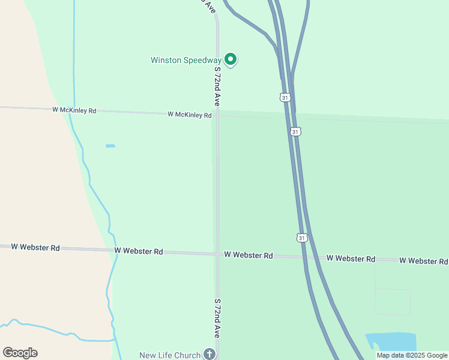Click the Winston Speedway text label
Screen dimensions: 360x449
[x=185, y=60]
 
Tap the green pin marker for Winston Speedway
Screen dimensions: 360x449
[x=230, y=59]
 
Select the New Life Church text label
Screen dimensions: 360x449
[x=170, y=355]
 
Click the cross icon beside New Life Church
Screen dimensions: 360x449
[x=209, y=354]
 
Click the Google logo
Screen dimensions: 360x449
[x=20, y=353]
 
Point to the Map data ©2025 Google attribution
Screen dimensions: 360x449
[x=412, y=355]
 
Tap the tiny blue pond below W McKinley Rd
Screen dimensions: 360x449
[x=110, y=146]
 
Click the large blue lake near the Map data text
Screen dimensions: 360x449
[x=393, y=341]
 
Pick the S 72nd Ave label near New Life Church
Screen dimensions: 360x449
[x=217, y=319]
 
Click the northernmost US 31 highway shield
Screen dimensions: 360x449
[x=285, y=97]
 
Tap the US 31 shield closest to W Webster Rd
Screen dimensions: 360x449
[x=302, y=238]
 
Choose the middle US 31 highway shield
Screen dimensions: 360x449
[x=295, y=131]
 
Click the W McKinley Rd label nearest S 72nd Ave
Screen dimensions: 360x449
[x=190, y=115]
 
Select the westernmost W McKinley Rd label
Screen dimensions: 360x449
[x=74, y=110]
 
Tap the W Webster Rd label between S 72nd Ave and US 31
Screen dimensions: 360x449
[x=249, y=255]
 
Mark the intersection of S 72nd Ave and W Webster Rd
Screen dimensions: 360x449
[x=218, y=254]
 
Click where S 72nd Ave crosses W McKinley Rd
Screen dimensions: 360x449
[x=218, y=115]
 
